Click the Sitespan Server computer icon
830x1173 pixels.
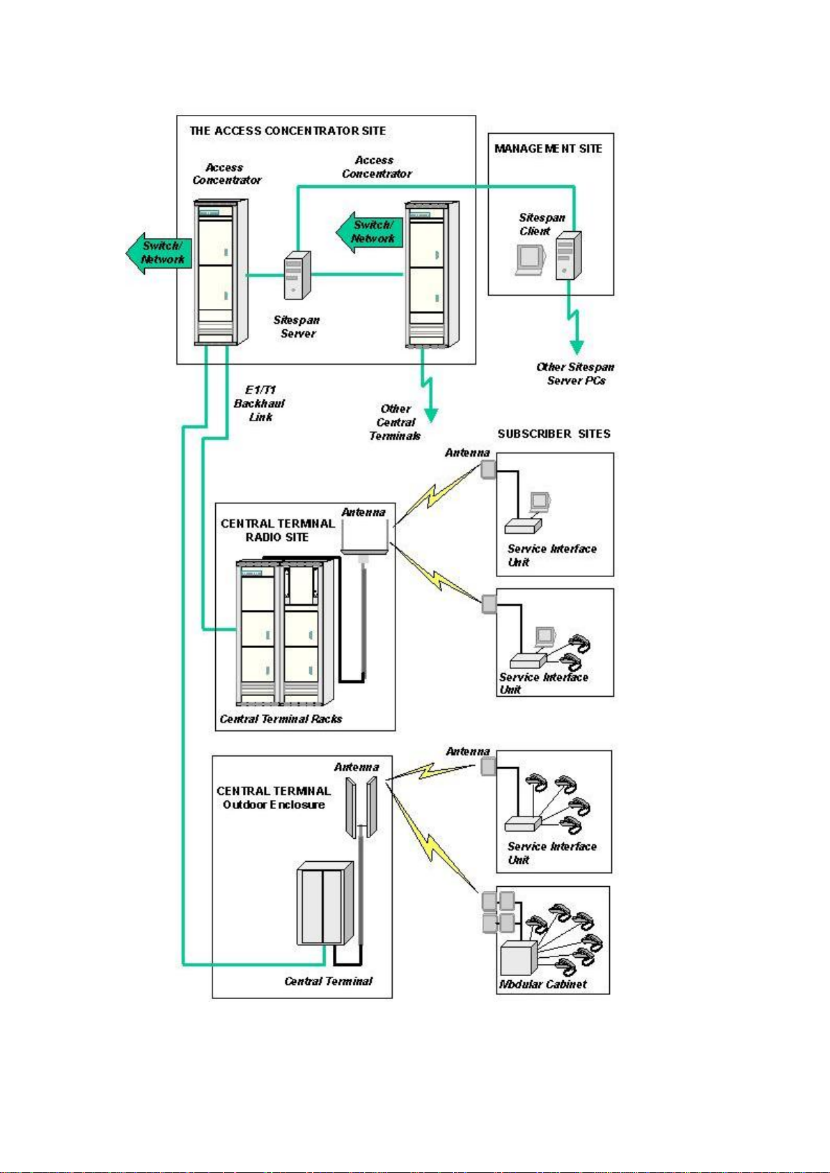point(297,276)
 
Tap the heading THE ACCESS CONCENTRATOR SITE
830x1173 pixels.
point(288,131)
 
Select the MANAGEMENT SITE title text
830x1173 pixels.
point(548,149)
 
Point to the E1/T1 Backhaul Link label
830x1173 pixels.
point(259,403)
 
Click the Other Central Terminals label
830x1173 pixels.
point(396,422)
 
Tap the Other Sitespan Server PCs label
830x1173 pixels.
point(575,373)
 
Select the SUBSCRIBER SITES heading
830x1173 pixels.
point(554,434)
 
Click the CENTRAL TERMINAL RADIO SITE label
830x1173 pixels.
point(278,530)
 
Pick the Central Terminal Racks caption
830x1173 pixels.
point(281,719)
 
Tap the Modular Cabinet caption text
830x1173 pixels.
point(542,984)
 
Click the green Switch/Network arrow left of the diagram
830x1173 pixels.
point(159,253)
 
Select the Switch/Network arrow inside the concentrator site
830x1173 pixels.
point(369,232)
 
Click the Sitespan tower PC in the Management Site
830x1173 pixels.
point(568,255)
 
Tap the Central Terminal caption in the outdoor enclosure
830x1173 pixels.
point(329,981)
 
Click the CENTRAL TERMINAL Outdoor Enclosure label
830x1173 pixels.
point(274,798)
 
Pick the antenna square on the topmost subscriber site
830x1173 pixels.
point(488,469)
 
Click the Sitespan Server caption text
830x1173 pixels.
point(297,326)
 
